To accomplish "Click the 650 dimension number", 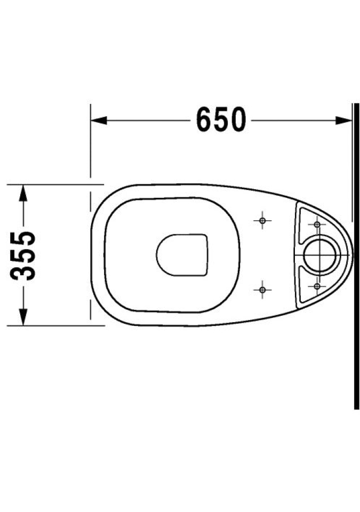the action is click(x=220, y=119).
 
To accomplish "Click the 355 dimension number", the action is click(x=22, y=255).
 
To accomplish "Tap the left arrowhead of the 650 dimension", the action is click(x=99, y=120).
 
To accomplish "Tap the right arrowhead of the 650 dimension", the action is click(x=343, y=120).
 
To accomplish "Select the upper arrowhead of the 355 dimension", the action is click(x=22, y=193).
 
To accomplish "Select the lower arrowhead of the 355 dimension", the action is click(x=22, y=317).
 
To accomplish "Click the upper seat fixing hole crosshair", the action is click(x=262, y=221).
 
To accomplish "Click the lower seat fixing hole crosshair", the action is click(x=262, y=289).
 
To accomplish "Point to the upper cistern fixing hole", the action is click(x=317, y=225).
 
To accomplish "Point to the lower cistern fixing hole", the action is click(x=317, y=286).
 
